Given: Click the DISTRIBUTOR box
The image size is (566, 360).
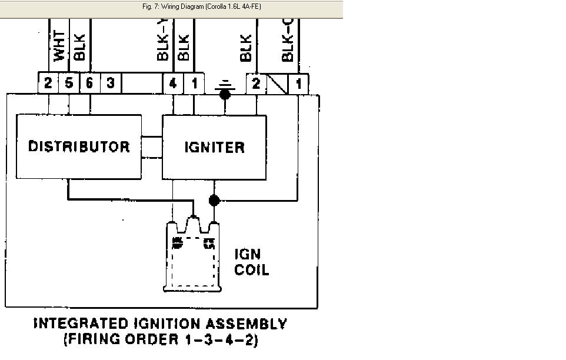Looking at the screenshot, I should tap(79, 146).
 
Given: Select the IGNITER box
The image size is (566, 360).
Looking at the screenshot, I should tap(214, 147).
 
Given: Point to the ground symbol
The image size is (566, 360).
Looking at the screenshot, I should tap(225, 87).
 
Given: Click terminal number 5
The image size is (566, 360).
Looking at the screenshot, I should tap(69, 83).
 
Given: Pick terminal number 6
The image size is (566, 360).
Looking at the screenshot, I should tap(90, 83).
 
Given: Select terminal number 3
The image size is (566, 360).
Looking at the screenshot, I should tap(111, 83).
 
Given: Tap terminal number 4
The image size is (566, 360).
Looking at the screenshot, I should tap(173, 83).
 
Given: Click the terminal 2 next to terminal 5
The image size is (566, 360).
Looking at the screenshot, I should tap(48, 83).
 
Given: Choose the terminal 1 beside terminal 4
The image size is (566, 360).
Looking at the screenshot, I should tap(194, 83).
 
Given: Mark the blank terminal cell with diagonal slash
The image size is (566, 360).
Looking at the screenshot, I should tap(277, 83).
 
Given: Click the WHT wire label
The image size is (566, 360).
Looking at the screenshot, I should tap(59, 46).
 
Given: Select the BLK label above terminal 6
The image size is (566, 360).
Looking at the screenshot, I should tap(80, 47).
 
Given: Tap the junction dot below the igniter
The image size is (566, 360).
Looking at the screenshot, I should tap(214, 201).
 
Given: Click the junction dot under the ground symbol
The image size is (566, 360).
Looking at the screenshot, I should tap(225, 94).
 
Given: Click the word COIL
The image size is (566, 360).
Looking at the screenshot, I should tap(251, 270).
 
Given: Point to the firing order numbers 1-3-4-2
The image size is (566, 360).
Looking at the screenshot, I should tap(224, 340).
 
